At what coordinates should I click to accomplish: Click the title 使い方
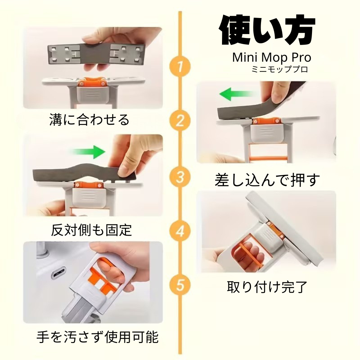(267, 32)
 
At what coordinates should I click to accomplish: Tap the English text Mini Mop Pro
(272, 57)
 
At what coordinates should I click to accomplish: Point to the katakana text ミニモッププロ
(280, 70)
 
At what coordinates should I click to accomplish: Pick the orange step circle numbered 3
(180, 177)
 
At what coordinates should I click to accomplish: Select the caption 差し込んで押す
(267, 180)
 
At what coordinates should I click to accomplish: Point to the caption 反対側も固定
(91, 230)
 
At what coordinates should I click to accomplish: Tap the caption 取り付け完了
(267, 286)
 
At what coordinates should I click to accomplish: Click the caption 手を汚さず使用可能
(97, 338)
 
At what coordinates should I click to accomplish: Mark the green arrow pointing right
(88, 152)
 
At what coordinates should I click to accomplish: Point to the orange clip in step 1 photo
(90, 82)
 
